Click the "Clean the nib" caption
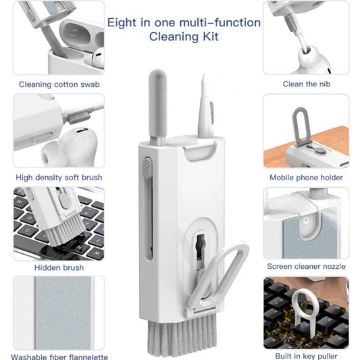(x=306, y=84)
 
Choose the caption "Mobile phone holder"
(x=306, y=178)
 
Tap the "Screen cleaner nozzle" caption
(x=306, y=267)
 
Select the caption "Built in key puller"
(x=306, y=356)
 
